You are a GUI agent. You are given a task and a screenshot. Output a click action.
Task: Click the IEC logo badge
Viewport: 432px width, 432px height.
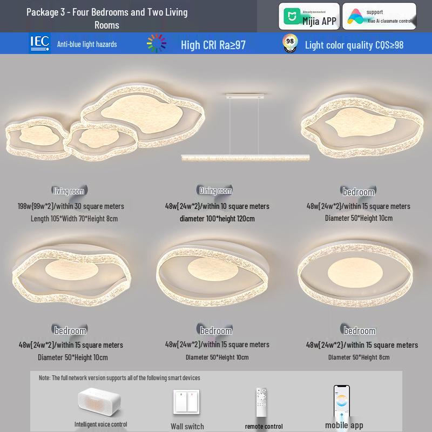[x=39, y=43]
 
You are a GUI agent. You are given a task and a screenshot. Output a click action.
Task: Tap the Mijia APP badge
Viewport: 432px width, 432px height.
[x=309, y=16]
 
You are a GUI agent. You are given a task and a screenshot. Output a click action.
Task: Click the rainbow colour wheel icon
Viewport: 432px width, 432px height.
[x=157, y=44]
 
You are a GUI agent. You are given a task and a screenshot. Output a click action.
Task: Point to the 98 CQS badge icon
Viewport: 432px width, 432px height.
[x=291, y=44]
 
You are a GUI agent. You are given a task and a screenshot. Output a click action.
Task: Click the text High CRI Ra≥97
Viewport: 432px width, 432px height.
[x=213, y=45]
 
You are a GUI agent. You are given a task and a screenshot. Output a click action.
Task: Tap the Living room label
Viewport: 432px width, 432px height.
[x=69, y=191]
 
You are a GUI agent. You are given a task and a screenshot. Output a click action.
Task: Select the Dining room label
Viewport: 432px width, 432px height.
[x=215, y=190]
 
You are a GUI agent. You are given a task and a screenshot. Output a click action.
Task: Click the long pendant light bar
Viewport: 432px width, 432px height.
[x=246, y=157]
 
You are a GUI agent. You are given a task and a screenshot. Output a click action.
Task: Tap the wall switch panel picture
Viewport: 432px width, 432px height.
[x=186, y=403]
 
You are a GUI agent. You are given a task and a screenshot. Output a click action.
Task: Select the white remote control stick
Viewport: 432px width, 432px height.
[x=261, y=402]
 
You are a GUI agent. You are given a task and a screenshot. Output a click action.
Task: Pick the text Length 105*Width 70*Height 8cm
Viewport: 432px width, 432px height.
[x=74, y=219]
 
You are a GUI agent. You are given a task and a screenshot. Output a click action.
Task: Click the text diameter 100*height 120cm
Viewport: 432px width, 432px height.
[x=217, y=219]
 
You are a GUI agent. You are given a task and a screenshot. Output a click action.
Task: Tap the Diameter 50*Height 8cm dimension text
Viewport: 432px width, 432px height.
[x=359, y=357]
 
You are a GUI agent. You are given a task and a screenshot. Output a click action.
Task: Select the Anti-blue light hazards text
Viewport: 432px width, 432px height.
[x=87, y=44]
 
